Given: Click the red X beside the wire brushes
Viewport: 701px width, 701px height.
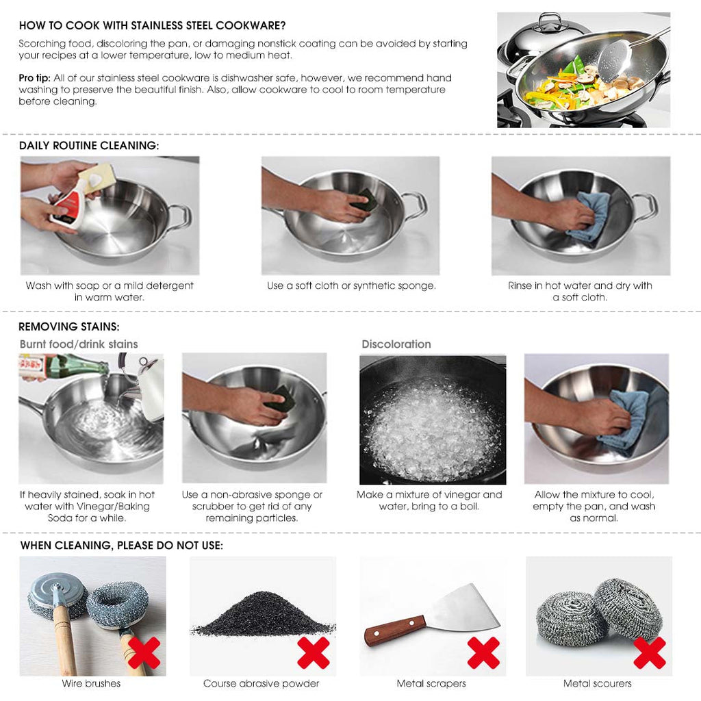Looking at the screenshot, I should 144,652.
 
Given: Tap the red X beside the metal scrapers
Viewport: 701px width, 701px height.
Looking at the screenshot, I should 483,652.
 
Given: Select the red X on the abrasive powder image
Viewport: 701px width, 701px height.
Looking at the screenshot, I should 314,652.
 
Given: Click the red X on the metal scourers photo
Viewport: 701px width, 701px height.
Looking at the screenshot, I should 649,652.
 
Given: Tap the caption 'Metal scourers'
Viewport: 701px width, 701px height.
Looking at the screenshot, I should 597,683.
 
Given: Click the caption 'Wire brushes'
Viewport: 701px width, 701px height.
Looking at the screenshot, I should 91,683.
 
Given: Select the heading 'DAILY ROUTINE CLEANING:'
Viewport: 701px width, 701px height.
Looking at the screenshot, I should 89,146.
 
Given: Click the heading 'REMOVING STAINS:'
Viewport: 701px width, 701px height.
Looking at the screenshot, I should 68,327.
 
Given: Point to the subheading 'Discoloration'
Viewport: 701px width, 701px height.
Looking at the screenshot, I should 396,344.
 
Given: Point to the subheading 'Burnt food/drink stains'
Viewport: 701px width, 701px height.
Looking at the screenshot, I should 79,344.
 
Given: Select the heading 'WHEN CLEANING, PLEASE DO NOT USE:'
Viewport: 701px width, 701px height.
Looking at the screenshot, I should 121,546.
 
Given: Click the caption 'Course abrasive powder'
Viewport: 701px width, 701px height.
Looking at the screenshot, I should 261,683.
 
